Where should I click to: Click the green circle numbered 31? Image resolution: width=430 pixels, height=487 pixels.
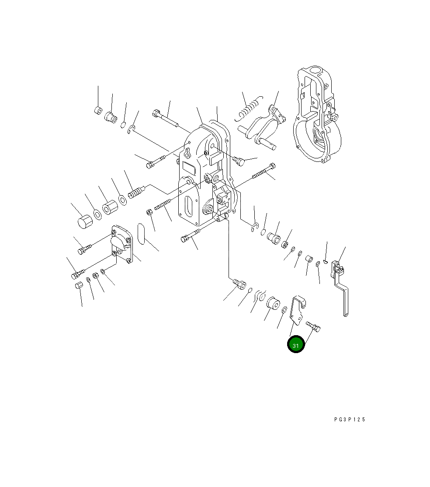pos(296,344)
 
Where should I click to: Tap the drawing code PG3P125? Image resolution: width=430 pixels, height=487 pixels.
pos(350,419)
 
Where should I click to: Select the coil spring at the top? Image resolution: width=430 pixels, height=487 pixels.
pos(249,109)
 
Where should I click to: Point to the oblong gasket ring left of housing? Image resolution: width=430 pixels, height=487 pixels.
pos(141,233)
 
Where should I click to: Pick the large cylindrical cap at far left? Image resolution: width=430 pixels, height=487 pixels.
pos(85,221)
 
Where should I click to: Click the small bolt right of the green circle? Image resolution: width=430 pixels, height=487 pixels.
pos(313,326)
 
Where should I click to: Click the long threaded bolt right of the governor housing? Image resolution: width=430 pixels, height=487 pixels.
pos(264,172)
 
